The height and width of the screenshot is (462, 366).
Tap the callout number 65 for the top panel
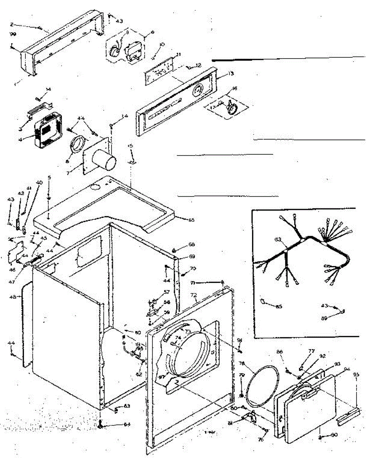pos(191,220)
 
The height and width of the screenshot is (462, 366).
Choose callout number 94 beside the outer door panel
pos(347,369)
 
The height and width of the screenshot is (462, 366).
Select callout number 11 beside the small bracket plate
pos(178,54)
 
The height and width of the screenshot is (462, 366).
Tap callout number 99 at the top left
pos(12,34)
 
